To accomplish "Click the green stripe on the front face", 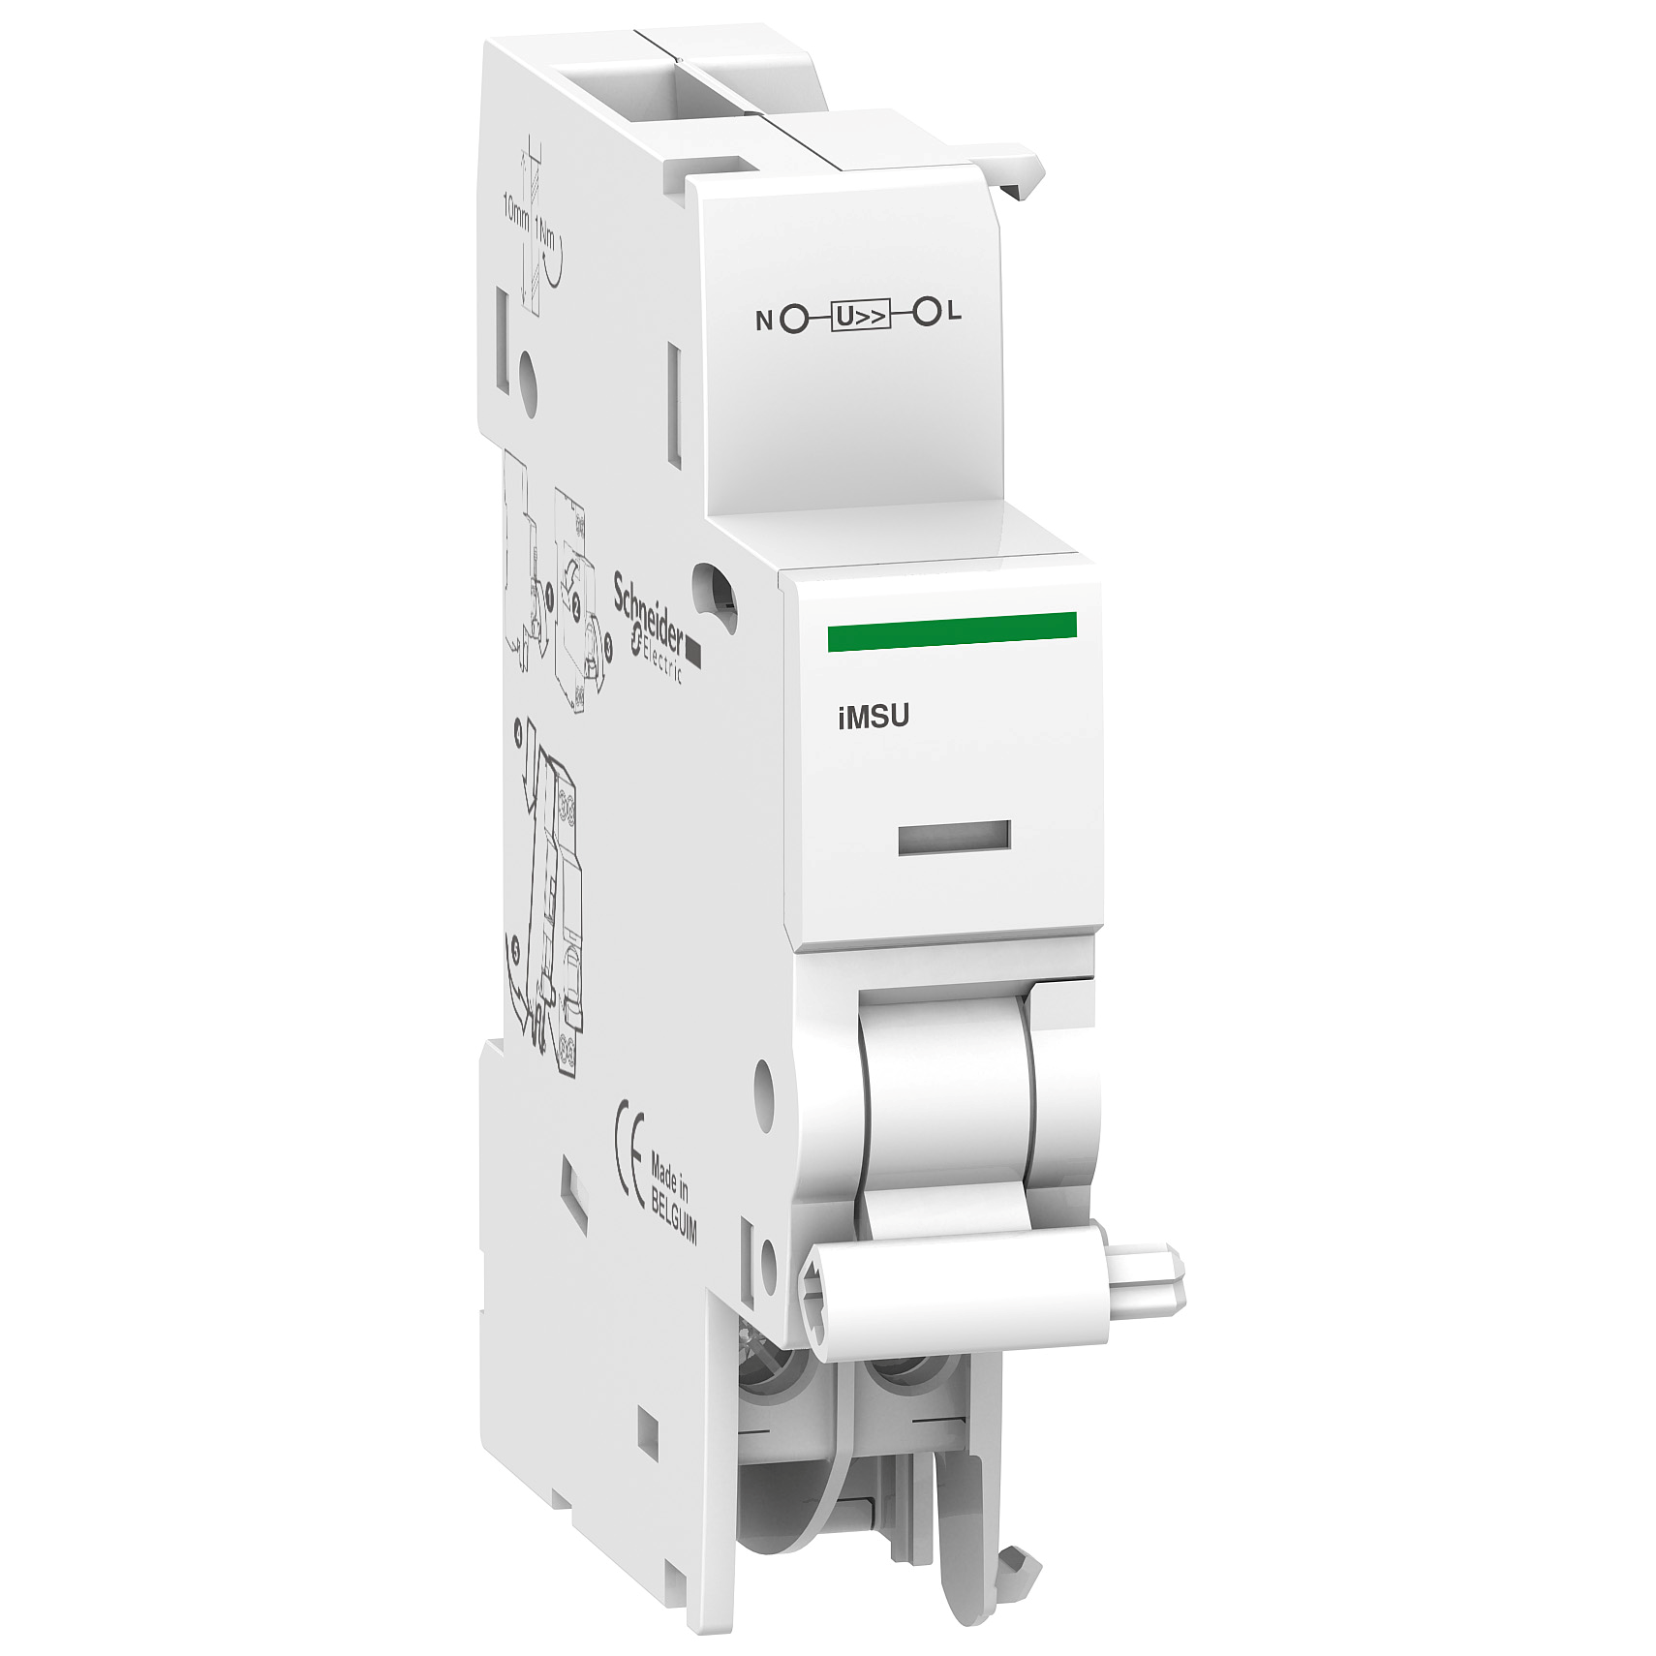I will click(x=952, y=629).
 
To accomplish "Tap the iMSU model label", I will click(x=873, y=717).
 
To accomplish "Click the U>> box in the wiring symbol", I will click(x=861, y=316).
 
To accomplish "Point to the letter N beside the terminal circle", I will click(x=764, y=320).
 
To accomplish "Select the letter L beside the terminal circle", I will click(x=955, y=312).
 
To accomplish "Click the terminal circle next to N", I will click(x=794, y=319).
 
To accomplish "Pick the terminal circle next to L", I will click(x=927, y=313).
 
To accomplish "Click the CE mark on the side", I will click(x=630, y=1167).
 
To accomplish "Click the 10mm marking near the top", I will click(x=511, y=218).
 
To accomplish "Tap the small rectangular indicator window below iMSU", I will click(x=954, y=838).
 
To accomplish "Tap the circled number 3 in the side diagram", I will click(x=607, y=650).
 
